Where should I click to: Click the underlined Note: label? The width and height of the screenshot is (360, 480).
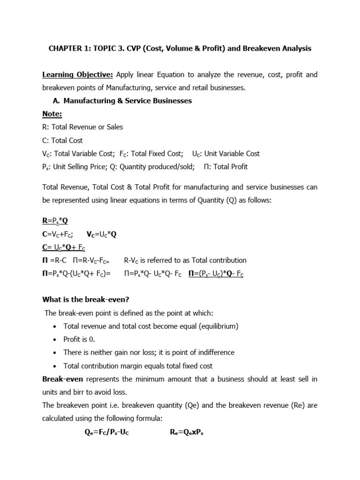[x=52, y=114]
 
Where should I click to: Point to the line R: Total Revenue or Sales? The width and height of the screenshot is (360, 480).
[x=82, y=127]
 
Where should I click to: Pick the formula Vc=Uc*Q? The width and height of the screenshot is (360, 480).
[x=101, y=234]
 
